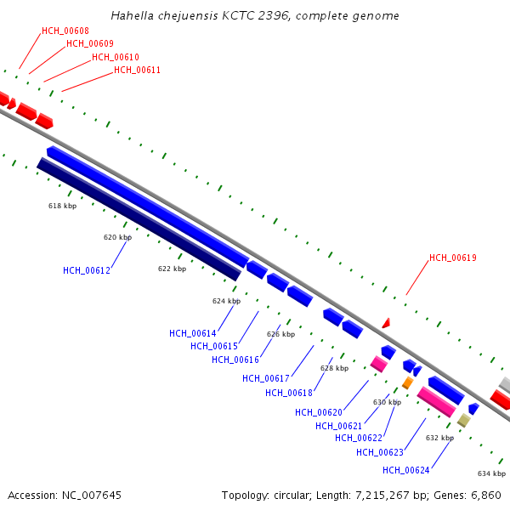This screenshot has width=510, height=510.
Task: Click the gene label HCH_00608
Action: click(x=65, y=31)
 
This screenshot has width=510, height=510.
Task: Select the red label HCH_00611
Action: click(x=137, y=70)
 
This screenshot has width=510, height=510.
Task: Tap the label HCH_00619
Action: click(x=453, y=258)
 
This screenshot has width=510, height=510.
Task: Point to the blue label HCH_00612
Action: click(x=87, y=270)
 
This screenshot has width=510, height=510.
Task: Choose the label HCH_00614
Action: click(x=193, y=333)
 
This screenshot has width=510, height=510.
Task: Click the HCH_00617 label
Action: click(x=266, y=378)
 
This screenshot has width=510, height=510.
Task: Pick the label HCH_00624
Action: click(x=406, y=470)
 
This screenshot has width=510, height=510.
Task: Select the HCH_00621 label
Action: click(x=339, y=426)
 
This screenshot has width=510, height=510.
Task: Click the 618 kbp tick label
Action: click(x=62, y=206)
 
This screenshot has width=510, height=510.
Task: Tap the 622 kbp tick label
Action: click(x=172, y=269)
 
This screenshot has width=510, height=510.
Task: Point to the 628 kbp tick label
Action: click(x=334, y=368)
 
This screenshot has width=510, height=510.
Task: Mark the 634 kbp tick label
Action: click(x=492, y=473)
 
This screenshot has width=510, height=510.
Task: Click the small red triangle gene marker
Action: click(x=387, y=323)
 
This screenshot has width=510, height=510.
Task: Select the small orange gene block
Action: click(x=407, y=382)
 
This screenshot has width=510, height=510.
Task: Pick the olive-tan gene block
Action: click(x=464, y=420)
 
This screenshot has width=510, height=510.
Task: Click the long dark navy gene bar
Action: click(x=139, y=219)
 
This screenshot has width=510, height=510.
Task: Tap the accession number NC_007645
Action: click(x=92, y=496)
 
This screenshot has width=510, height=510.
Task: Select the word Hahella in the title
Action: click(x=133, y=15)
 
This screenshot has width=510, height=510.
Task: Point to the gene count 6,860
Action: click(x=485, y=496)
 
